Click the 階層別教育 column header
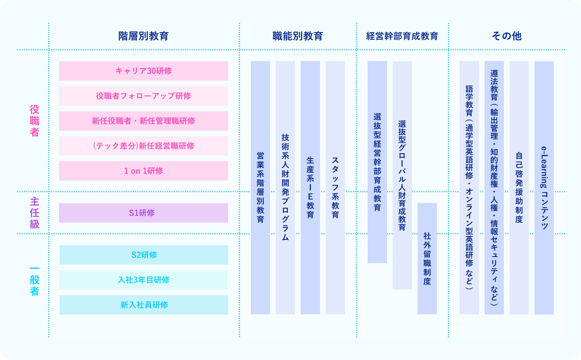tap(143, 36)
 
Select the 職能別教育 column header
tap(298, 36)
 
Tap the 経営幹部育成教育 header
tap(402, 36)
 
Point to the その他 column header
tap(506, 36)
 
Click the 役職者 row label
tap(34, 121)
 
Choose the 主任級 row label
tap(34, 212)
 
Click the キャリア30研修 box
tap(143, 71)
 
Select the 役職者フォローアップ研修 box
tap(143, 96)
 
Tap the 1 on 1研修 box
tap(143, 171)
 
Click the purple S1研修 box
tap(143, 213)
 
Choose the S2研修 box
tap(144, 255)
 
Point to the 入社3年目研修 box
tap(144, 280)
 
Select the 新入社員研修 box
tap(144, 305)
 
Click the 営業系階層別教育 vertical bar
tap(260, 187)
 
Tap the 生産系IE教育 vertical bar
tap(310, 187)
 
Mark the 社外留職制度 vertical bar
tap(427, 259)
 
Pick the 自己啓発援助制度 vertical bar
tap(519, 187)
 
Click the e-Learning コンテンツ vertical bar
tap(544, 187)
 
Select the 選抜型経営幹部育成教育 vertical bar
tap(377, 162)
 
